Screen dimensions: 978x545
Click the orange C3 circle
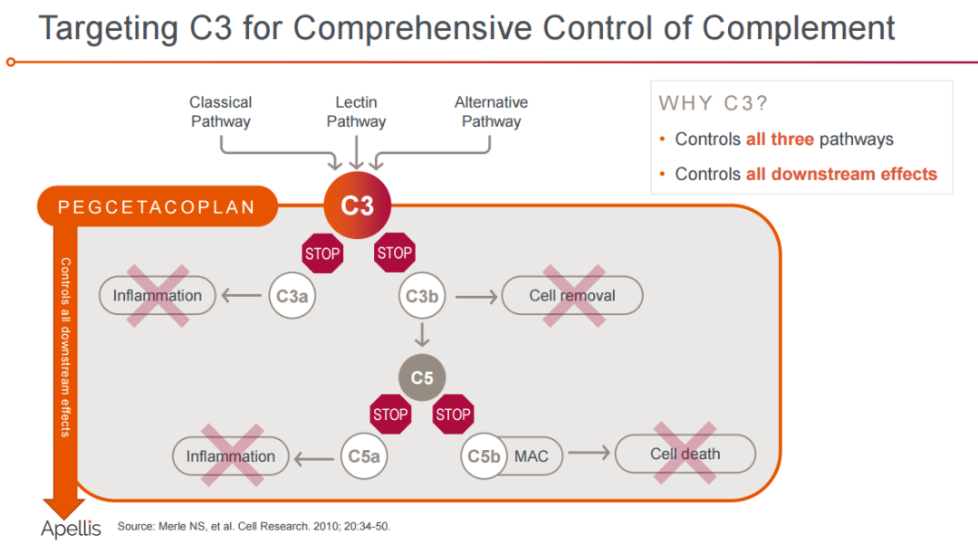tap(358, 206)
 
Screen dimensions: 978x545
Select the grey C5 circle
tap(422, 378)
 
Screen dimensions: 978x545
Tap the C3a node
tap(292, 295)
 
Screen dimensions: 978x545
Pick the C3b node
tap(422, 295)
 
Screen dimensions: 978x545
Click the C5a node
tap(364, 456)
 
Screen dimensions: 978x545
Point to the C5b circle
tap(484, 456)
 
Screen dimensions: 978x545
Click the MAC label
tap(532, 456)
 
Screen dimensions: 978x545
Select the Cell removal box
tap(572, 295)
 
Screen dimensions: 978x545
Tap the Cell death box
tap(686, 454)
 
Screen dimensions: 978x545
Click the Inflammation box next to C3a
tap(158, 295)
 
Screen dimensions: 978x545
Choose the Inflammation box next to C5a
tap(231, 456)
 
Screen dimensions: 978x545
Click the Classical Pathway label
tap(221, 111)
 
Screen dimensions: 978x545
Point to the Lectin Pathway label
tap(356, 111)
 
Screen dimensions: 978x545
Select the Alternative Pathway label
tap(492, 111)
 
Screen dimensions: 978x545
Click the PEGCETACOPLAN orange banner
tap(158, 206)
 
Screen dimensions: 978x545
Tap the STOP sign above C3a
tap(322, 253)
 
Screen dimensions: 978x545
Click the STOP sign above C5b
tap(454, 414)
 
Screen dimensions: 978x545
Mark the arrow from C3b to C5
tap(422, 334)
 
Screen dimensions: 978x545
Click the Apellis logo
tap(71, 529)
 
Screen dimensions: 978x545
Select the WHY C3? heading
tap(713, 103)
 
